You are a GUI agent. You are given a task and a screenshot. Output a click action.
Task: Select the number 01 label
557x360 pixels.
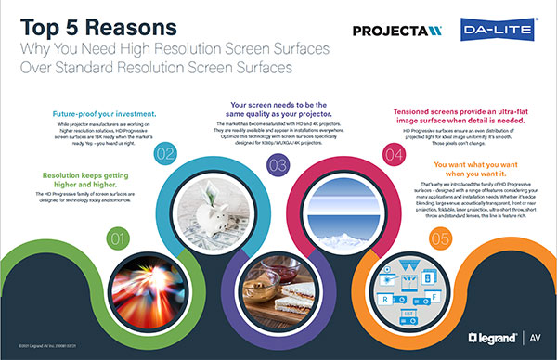(118, 239)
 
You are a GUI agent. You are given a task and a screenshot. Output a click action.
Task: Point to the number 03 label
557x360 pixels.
(276, 165)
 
